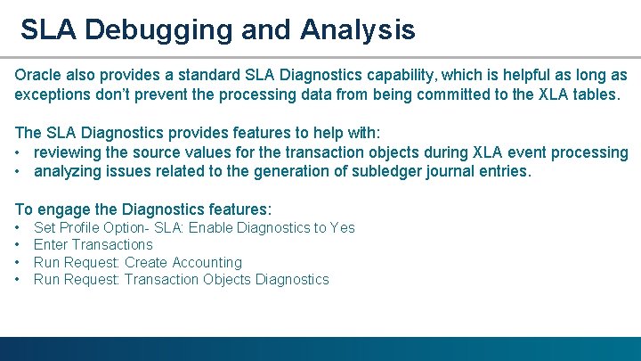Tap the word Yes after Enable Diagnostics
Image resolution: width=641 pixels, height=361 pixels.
click(342, 227)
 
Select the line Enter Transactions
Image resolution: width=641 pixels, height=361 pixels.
click(93, 244)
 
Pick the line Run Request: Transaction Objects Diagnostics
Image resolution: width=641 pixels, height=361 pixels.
click(181, 280)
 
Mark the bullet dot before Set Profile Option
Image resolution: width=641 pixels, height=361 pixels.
click(19, 227)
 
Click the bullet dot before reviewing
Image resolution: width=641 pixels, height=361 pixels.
click(19, 152)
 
